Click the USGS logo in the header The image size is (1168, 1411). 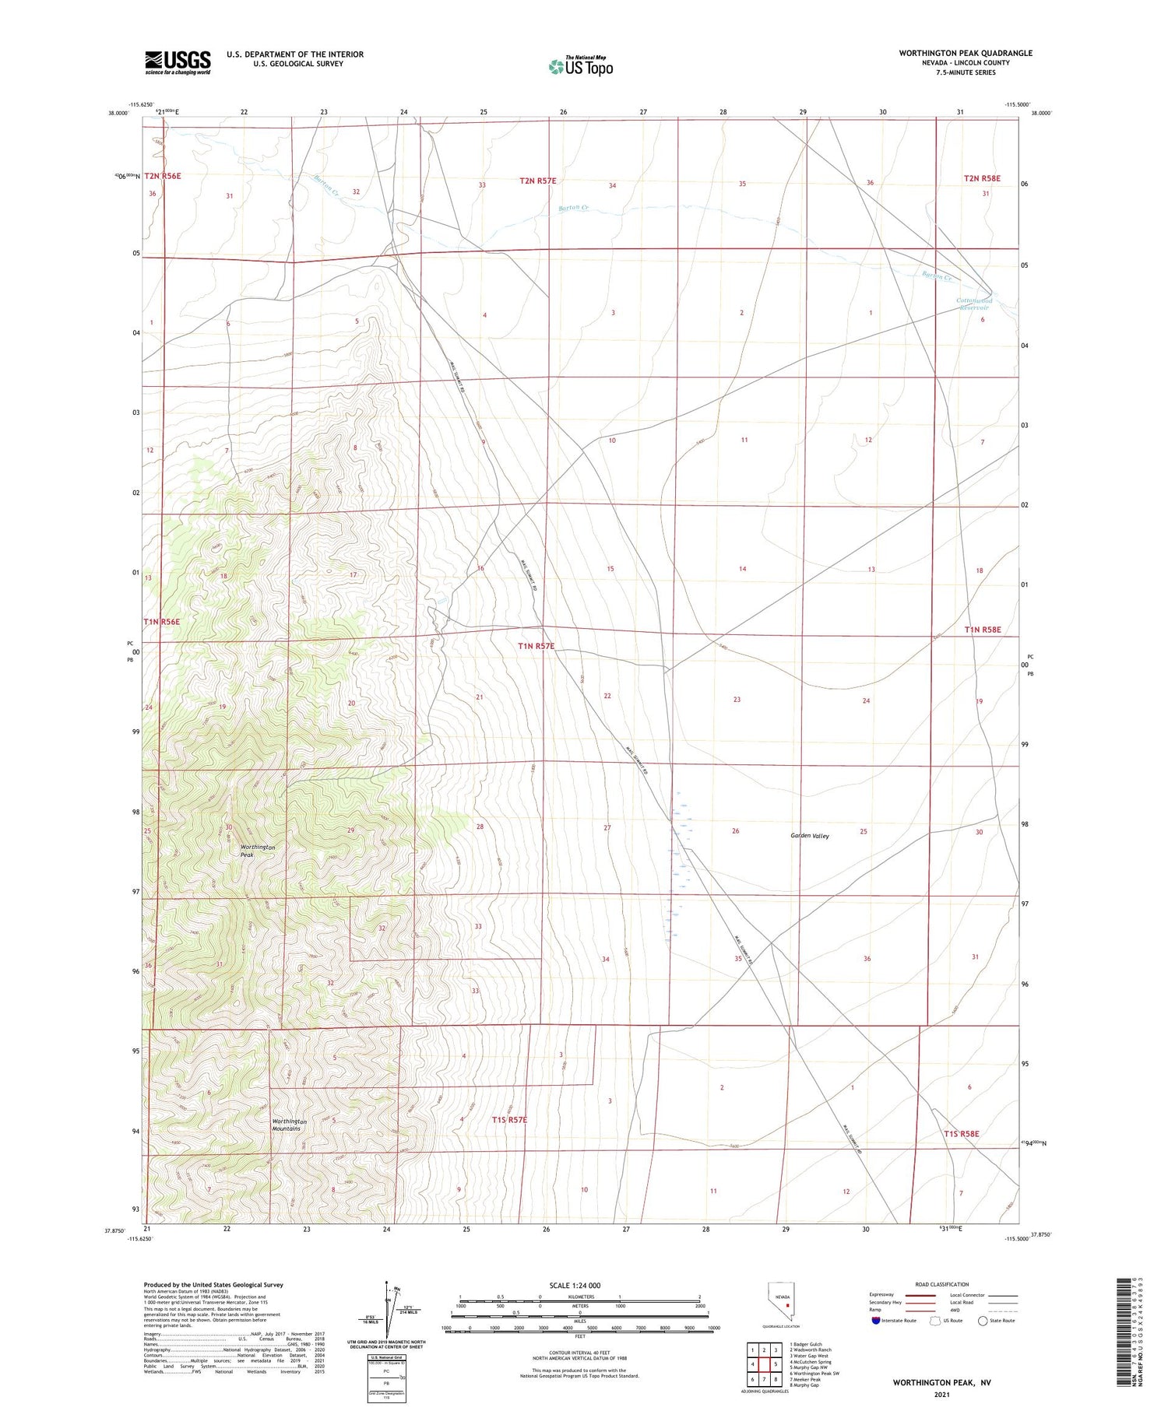178,61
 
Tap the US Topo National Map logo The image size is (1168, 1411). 581,66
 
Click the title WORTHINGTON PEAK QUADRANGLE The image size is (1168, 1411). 966,53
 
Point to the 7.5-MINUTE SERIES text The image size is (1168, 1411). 966,72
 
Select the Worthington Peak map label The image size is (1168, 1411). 258,851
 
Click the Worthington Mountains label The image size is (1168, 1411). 290,1125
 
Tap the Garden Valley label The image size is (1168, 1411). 810,836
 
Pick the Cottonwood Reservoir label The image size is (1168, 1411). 974,304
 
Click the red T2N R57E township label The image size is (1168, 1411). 538,181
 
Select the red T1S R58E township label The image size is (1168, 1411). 962,1134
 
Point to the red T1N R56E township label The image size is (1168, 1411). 162,622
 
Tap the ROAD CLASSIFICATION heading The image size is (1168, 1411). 942,1284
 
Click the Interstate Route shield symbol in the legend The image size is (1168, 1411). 876,1320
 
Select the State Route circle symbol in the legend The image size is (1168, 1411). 983,1320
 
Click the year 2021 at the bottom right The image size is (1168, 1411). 941,1394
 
